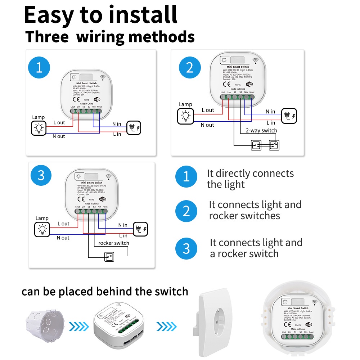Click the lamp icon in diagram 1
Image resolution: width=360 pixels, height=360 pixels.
click(x=39, y=128)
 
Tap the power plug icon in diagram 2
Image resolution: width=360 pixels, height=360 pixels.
click(x=289, y=116)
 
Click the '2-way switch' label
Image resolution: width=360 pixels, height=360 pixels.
click(x=261, y=130)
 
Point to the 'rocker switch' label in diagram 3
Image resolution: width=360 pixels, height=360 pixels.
click(x=114, y=243)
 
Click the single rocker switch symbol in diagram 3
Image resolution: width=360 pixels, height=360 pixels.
click(x=109, y=257)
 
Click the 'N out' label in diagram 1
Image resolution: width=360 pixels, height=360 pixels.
click(x=59, y=136)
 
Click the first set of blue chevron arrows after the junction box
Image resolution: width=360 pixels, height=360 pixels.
click(x=79, y=326)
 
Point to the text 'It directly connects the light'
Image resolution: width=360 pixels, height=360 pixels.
click(x=250, y=179)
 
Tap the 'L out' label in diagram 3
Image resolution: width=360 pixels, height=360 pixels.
click(x=63, y=224)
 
